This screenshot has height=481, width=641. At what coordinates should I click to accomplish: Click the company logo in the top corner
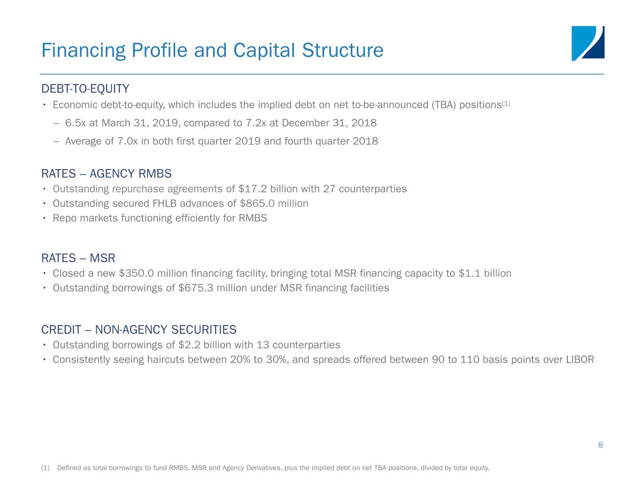pos(587,43)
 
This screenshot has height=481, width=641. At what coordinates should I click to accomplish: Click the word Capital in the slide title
pos(264,50)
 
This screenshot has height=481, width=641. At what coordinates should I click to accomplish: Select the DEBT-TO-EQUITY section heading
pos(85,88)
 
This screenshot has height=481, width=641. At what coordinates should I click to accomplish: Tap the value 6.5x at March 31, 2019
pos(75,123)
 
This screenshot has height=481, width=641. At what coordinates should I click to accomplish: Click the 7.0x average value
pos(127,141)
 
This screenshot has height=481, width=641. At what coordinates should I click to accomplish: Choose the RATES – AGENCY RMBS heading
pos(106,173)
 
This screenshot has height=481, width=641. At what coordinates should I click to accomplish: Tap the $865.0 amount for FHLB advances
pos(257,203)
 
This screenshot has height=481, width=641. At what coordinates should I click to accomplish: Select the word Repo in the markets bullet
pos(64,218)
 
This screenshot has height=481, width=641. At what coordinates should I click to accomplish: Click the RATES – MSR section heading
pos(78,258)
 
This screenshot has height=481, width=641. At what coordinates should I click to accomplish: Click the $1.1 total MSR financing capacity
pos(470,273)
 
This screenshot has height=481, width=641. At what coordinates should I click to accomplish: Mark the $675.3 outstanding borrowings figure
pos(196,288)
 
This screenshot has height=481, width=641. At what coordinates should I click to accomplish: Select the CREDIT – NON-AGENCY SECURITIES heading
pos(139,330)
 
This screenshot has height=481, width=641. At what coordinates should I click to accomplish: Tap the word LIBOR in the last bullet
pos(580,359)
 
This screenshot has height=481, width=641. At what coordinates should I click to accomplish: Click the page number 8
pos(601,445)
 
